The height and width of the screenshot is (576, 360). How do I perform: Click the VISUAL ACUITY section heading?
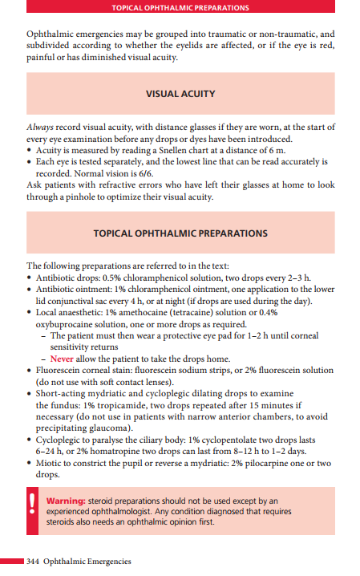point(180,94)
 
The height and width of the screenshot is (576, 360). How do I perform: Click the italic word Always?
point(40,128)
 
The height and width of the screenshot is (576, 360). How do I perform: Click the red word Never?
point(63,358)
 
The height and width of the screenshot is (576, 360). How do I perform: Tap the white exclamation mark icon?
point(32,509)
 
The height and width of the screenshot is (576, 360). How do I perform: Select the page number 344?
point(34,561)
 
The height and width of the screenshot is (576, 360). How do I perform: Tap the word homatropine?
point(103,452)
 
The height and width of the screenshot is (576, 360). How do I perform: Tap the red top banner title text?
point(180,7)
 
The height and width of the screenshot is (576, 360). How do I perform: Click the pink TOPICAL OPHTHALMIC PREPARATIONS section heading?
point(180,233)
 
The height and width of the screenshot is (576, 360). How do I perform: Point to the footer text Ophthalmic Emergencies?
point(87,561)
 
